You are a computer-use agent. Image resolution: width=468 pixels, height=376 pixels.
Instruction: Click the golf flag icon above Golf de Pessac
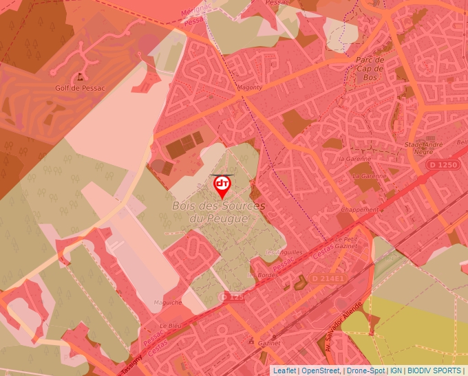pyautogui.click(x=81, y=77)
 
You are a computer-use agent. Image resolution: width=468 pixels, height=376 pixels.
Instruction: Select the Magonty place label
pyautogui.click(x=249, y=88)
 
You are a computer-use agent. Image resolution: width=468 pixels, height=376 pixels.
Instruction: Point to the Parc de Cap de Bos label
pyautogui.click(x=370, y=69)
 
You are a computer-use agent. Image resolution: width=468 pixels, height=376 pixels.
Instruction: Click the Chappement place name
pyautogui.click(x=359, y=210)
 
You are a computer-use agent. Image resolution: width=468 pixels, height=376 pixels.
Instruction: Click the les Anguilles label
pyautogui.click(x=284, y=252)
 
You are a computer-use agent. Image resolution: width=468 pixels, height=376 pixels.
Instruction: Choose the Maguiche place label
pyautogui.click(x=168, y=302)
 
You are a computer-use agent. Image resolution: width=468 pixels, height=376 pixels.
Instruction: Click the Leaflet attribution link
pyautogui.click(x=284, y=371)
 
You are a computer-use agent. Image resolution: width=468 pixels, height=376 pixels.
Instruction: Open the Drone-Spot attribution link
pyautogui.click(x=365, y=371)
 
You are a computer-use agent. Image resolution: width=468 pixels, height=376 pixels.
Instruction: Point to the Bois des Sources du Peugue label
pyautogui.click(x=217, y=212)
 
